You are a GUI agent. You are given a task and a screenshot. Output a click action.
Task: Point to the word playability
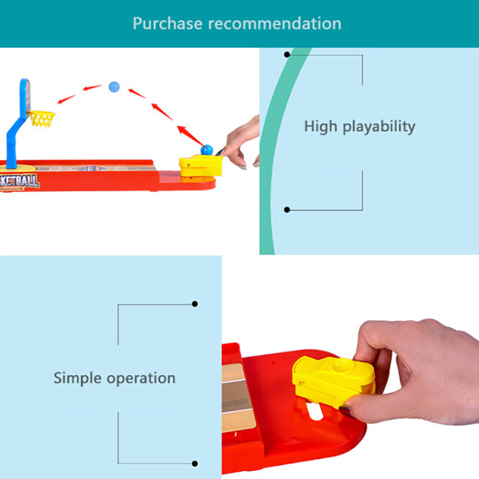click(380, 127)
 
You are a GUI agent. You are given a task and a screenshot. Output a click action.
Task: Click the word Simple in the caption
click(78, 378)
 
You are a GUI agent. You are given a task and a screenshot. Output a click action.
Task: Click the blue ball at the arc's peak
click(114, 87)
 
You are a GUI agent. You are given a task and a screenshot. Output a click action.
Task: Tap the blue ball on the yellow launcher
click(207, 150)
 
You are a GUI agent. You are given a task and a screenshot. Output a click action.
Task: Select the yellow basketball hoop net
click(42, 119)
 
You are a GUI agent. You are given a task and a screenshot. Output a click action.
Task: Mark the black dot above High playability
click(287, 54)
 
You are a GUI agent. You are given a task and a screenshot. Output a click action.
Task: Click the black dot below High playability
click(287, 210)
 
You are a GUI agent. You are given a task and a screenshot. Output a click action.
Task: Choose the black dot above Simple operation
click(195, 304)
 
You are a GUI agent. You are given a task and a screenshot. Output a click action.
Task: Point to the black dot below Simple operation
click(195, 463)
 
